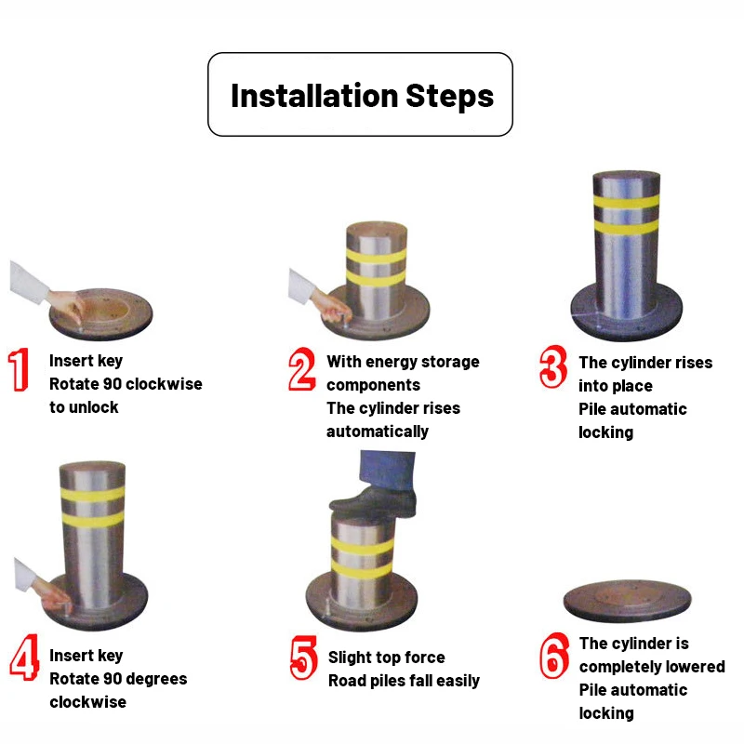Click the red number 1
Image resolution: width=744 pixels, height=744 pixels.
19,369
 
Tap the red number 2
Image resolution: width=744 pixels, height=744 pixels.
302,369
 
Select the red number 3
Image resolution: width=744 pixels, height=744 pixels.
553,366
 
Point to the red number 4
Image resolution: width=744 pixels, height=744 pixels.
24,658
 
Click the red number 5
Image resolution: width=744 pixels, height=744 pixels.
304,658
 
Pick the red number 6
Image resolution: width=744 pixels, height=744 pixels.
554,656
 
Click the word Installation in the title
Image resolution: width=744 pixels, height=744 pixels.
314,96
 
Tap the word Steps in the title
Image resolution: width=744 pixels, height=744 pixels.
450,97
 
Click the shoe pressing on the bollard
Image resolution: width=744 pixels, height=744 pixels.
374,502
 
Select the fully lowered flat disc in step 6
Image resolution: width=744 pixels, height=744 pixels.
627,600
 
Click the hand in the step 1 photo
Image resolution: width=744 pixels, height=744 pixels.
67,304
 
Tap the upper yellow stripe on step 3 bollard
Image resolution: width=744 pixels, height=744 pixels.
626,202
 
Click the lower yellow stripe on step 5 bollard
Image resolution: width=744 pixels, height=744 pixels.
362,569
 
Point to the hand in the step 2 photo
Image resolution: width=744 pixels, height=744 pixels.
331,306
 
